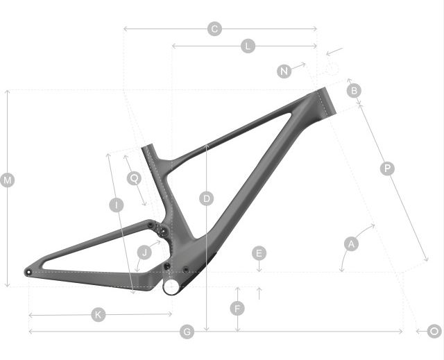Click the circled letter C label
point(214,29)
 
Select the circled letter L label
point(248,46)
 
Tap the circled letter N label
point(284,71)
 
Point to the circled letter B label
point(354,91)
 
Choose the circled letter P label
point(387,169)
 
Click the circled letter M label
point(8,180)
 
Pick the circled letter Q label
point(134,178)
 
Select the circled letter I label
point(117,205)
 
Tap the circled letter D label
point(207,198)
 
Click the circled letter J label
point(144,252)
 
